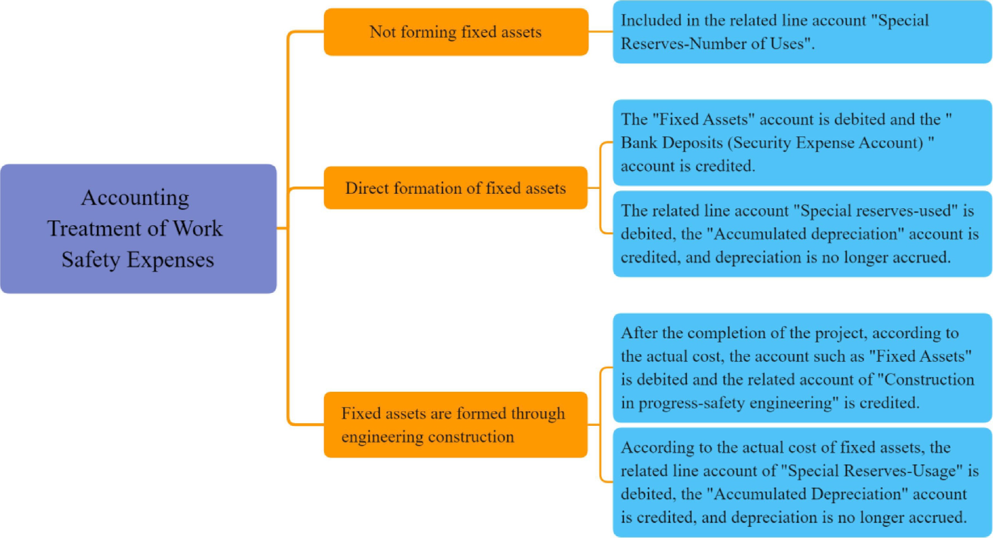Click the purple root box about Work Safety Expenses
(138, 229)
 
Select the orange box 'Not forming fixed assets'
(456, 32)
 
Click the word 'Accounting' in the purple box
(135, 198)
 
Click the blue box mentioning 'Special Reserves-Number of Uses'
(802, 32)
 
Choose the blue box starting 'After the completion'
(802, 367)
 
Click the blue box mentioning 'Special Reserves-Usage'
(802, 482)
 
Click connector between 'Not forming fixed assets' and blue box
(601, 32)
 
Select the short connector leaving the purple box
(282, 228)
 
